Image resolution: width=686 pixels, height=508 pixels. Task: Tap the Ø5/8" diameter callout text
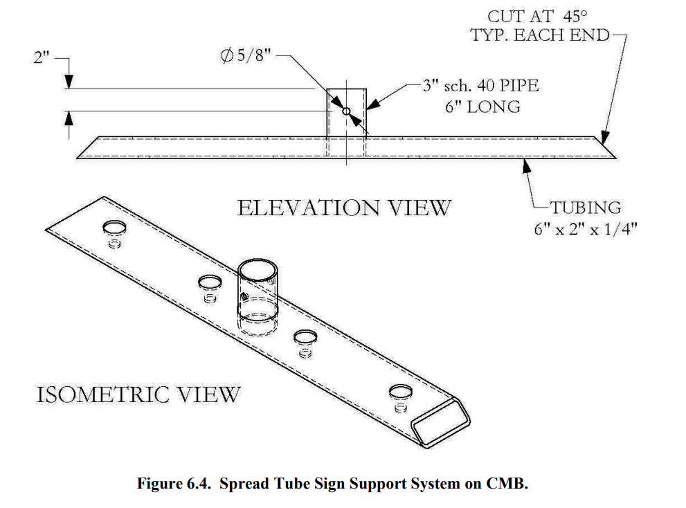[x=245, y=56]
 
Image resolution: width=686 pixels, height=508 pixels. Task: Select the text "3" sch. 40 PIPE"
[x=480, y=87]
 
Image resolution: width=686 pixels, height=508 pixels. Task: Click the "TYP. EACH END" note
[x=541, y=35]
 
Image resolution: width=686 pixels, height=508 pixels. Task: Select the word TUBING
[x=585, y=207]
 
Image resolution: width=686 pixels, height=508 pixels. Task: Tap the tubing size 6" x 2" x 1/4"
[x=585, y=228]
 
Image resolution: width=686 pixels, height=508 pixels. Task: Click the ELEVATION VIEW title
[x=344, y=208]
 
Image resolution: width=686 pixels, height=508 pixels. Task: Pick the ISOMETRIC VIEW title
[x=138, y=394]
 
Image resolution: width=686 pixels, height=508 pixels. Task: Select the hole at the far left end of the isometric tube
[x=115, y=228]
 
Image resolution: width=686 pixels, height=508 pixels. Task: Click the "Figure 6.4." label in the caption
[x=174, y=484]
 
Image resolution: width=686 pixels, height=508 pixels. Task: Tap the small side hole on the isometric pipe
[x=244, y=296]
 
